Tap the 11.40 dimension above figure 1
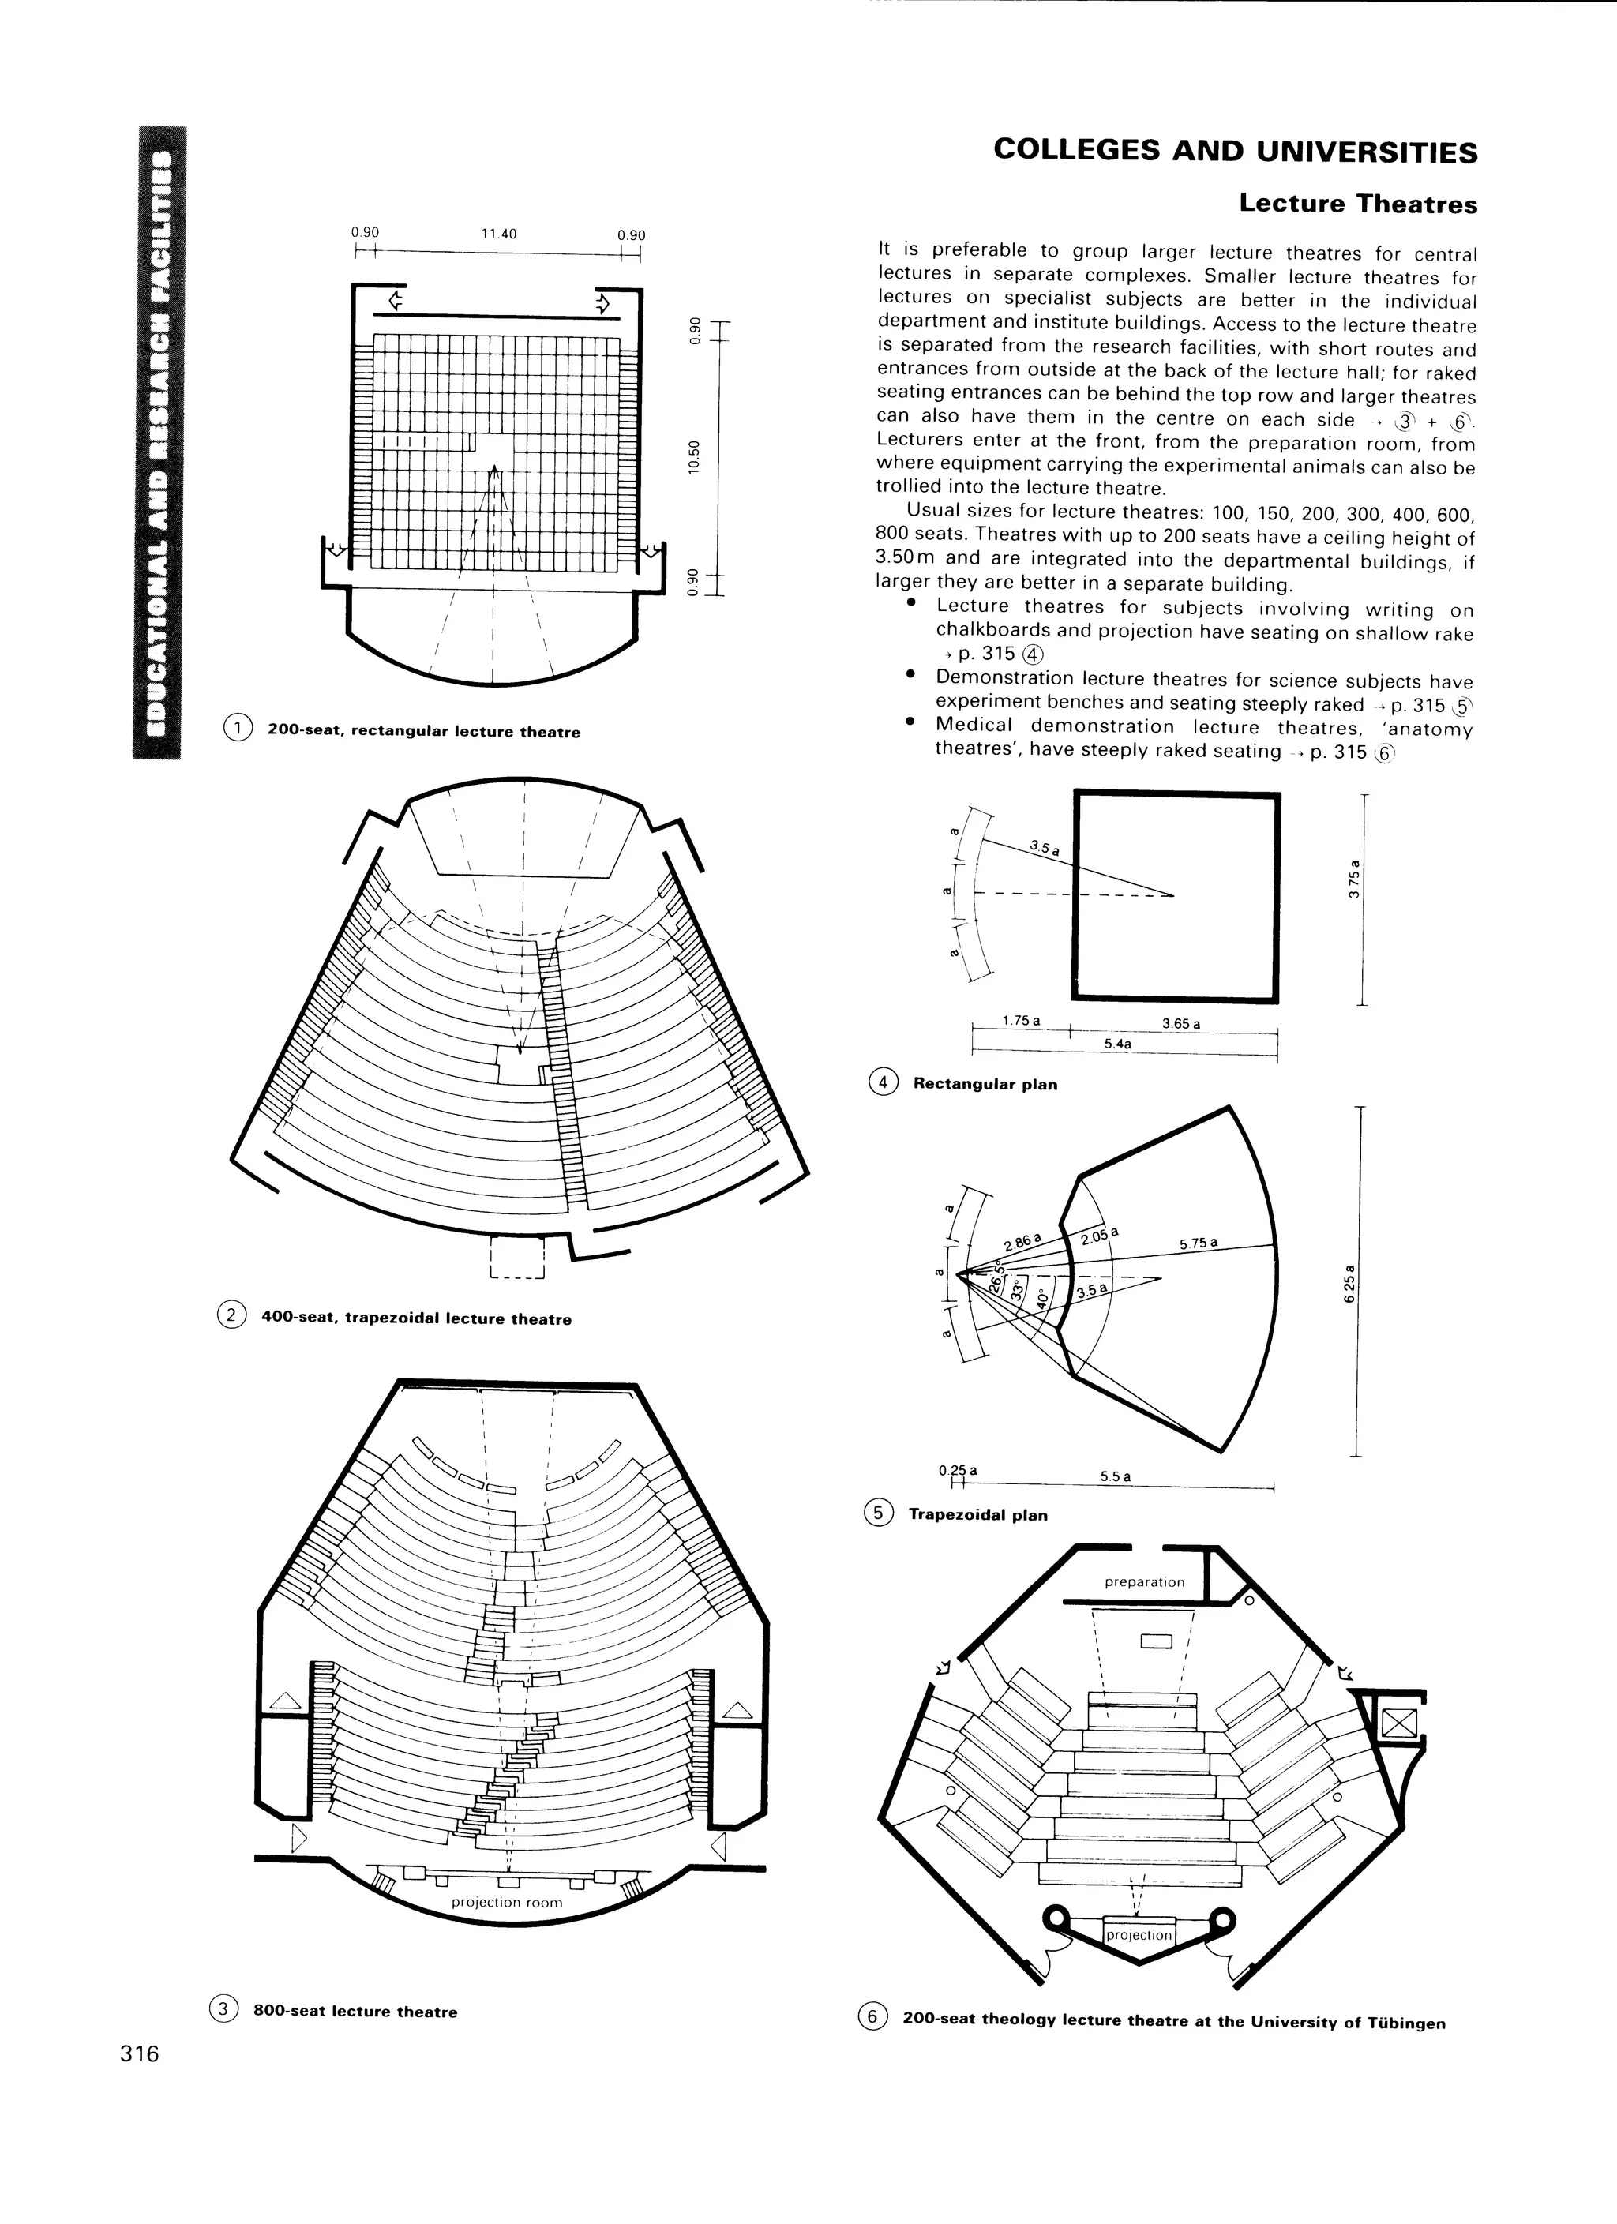pos(498,234)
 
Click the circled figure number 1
pos(238,728)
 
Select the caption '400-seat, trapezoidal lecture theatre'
pos(416,1319)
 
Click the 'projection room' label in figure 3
pos(507,1903)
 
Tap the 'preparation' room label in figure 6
pos(1144,1581)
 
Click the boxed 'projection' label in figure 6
pos(1139,1935)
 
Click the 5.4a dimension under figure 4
pos(1118,1044)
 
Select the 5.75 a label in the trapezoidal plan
pos(1199,1243)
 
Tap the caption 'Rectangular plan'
pos(985,1085)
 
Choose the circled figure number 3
pos(223,2009)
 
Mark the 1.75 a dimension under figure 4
pos(1021,1021)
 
